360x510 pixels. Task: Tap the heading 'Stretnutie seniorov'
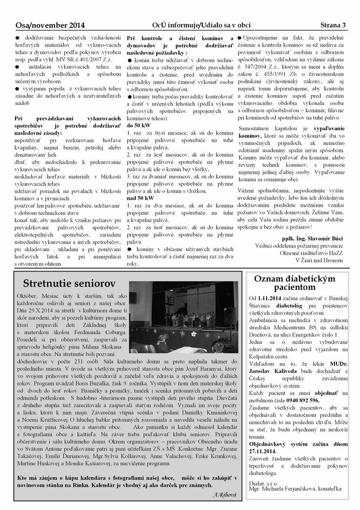point(69,283)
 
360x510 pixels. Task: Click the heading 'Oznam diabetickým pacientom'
point(301,282)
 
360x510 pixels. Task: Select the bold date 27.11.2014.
point(268,450)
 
